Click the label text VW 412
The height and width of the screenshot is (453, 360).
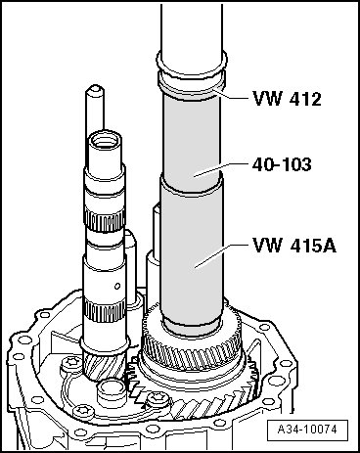288,99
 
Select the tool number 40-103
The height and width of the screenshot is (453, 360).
282,164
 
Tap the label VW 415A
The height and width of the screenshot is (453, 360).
294,246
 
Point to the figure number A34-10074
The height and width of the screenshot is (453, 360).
307,430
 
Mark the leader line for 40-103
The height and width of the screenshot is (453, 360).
221,169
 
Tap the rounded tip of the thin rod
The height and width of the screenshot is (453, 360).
95,89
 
